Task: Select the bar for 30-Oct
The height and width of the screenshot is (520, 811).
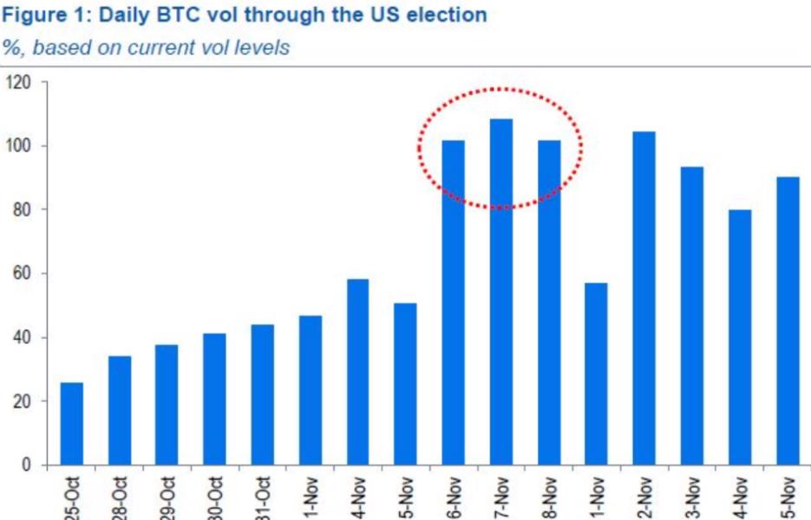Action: point(214,399)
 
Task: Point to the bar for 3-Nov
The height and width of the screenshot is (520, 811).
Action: point(691,315)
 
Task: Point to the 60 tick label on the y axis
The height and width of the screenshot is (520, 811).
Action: point(22,274)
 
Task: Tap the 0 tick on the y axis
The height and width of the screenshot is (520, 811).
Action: point(27,465)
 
